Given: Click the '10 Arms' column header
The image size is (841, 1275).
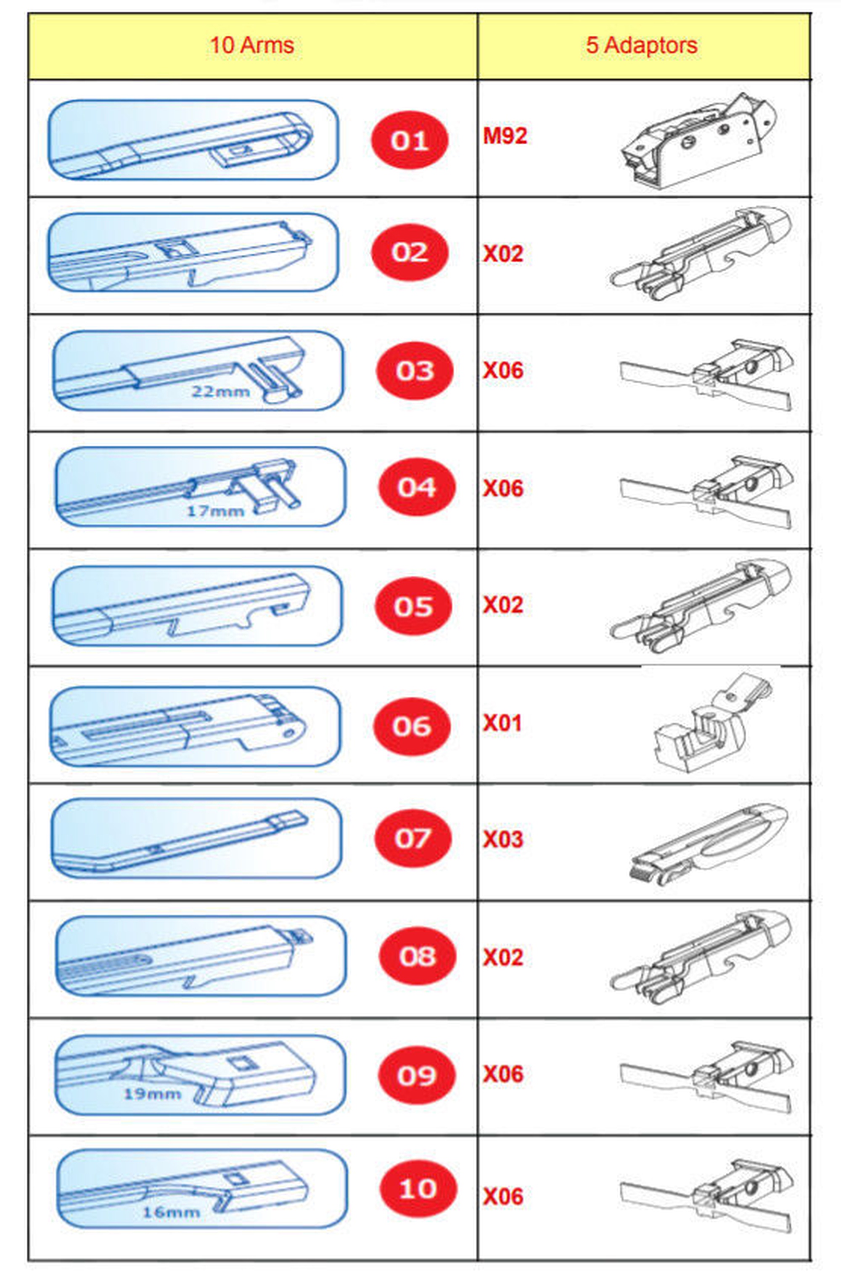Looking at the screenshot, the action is click(x=251, y=45).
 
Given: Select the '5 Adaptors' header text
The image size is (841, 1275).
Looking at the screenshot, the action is click(x=642, y=45).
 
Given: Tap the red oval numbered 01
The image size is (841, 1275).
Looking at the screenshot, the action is click(x=409, y=140).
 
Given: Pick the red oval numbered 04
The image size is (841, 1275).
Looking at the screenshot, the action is click(x=416, y=487).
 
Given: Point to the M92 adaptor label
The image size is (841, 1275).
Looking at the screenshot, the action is click(x=505, y=136).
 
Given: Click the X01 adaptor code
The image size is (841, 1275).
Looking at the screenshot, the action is click(x=502, y=723).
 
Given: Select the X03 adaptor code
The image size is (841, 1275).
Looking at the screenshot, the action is click(x=502, y=839).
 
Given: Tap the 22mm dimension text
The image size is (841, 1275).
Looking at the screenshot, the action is click(x=220, y=391).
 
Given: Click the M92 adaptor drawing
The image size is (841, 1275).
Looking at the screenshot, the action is click(x=699, y=140).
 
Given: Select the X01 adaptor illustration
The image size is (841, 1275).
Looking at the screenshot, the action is click(x=712, y=722).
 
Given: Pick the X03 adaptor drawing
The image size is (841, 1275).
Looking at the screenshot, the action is click(x=708, y=841).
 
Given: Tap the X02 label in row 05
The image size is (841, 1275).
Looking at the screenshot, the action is click(x=502, y=605).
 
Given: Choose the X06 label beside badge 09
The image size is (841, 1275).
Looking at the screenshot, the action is click(x=502, y=1074).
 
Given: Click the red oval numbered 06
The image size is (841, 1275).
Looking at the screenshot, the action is click(x=411, y=726).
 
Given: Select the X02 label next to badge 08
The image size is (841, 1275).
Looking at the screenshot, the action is click(x=502, y=958).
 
